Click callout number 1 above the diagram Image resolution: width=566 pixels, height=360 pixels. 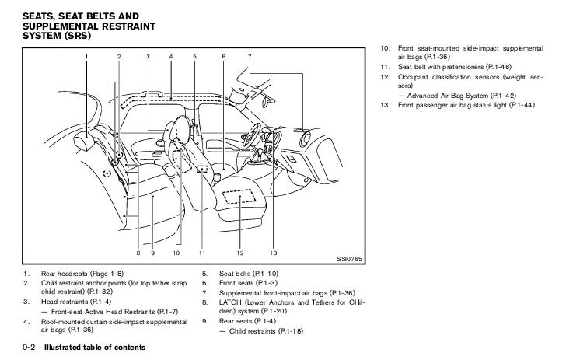[87, 57]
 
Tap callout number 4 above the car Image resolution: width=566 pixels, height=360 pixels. [170, 57]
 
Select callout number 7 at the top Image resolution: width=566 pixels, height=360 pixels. [249, 57]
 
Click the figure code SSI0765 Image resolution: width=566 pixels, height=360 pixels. [350, 257]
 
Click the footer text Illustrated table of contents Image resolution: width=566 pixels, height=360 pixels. [94, 345]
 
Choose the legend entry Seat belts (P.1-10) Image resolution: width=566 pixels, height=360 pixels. [249, 274]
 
